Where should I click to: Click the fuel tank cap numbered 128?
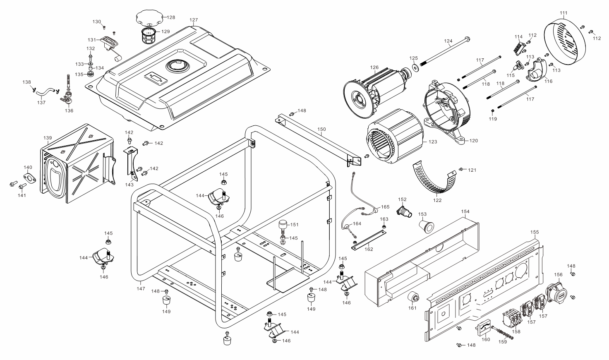tap(149, 18)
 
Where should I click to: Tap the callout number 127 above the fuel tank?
tap(194, 20)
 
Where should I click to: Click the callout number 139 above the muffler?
tap(48, 138)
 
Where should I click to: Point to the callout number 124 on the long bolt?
tap(448, 41)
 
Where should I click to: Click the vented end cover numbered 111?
tap(565, 42)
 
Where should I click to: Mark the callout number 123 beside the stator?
tap(433, 142)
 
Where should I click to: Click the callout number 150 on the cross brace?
tap(321, 129)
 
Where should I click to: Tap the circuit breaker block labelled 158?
tap(512, 319)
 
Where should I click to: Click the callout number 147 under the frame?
tap(141, 289)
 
